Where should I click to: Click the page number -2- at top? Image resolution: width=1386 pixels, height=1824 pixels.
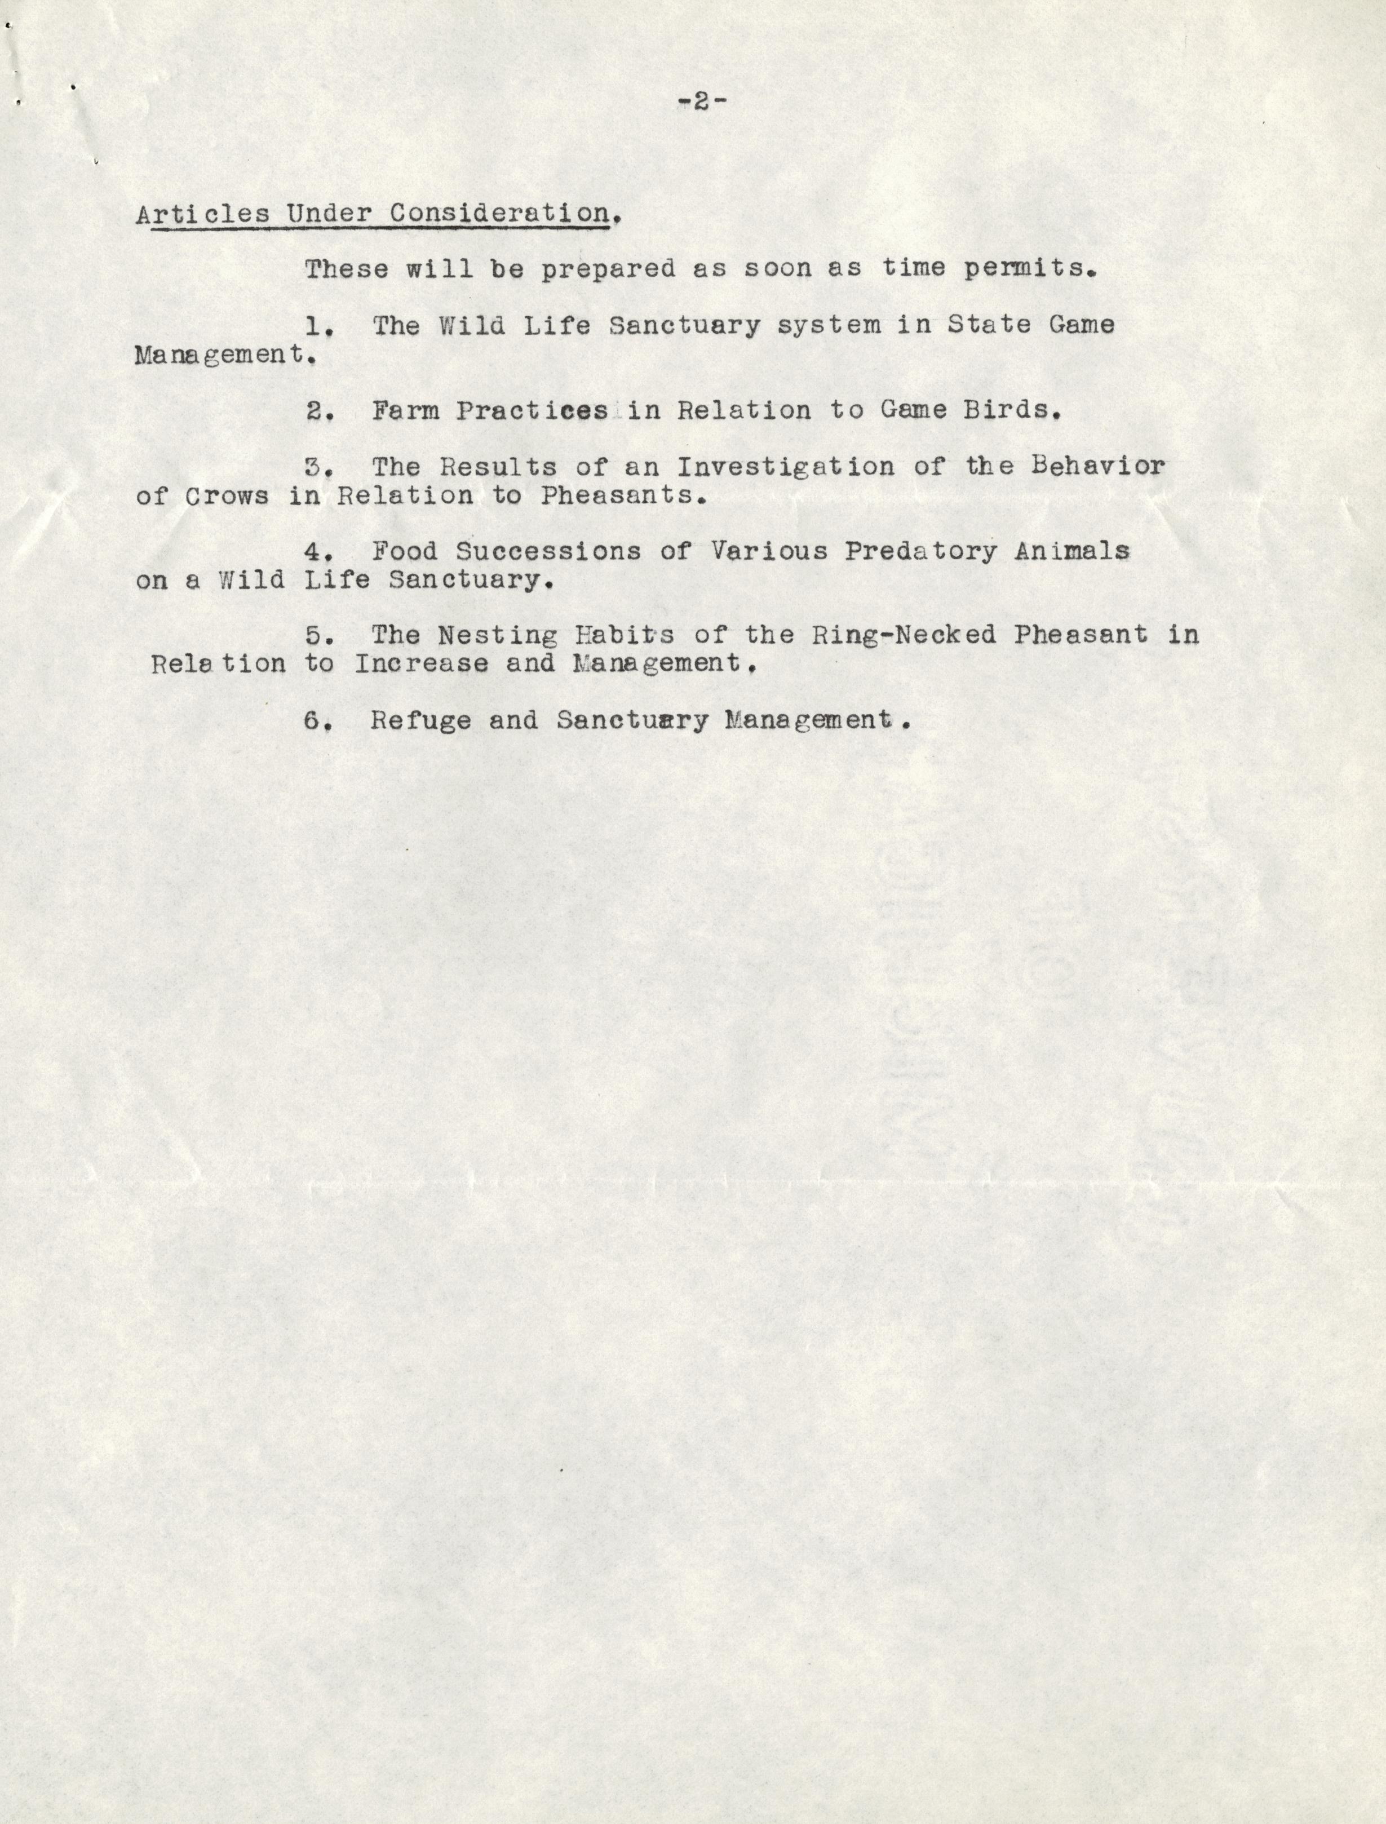tap(701, 101)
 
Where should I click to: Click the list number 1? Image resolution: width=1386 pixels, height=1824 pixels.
tap(318, 326)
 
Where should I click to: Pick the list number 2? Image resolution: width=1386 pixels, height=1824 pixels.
tap(318, 411)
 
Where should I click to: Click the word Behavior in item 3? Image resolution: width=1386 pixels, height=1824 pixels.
tap(1098, 466)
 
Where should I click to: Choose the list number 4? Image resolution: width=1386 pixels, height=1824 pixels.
tap(318, 552)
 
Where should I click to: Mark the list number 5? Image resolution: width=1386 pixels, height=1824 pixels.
tap(318, 636)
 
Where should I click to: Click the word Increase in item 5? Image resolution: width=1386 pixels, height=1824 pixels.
tap(420, 664)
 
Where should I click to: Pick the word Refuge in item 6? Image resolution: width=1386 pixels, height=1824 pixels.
tap(420, 720)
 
